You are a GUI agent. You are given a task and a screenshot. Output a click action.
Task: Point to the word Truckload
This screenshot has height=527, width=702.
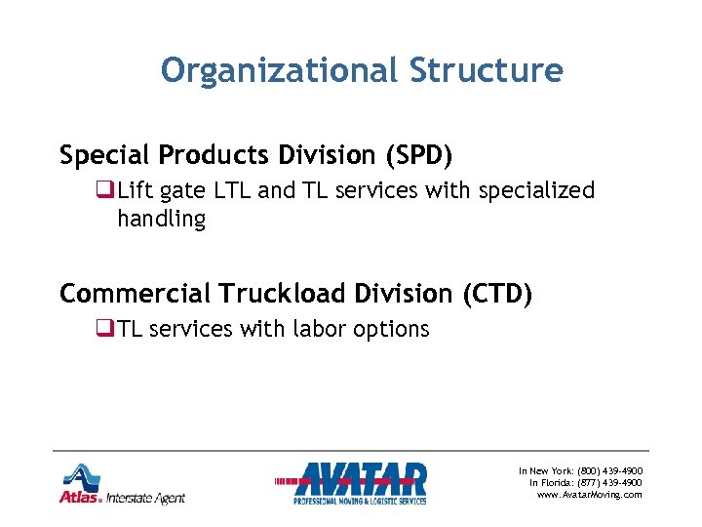point(294,294)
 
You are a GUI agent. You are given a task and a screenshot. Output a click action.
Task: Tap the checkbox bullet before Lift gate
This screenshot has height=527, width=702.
point(107,191)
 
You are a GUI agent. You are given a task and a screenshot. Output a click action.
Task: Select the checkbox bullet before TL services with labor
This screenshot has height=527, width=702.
point(107,330)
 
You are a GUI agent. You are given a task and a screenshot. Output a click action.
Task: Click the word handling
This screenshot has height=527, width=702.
point(162,220)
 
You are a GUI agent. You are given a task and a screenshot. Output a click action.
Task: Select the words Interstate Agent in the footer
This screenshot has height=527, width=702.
point(146,498)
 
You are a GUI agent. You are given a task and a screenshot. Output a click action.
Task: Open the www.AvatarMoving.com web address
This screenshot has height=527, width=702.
point(590,495)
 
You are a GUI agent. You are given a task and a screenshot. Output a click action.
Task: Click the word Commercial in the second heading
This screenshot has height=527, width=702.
point(134,294)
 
